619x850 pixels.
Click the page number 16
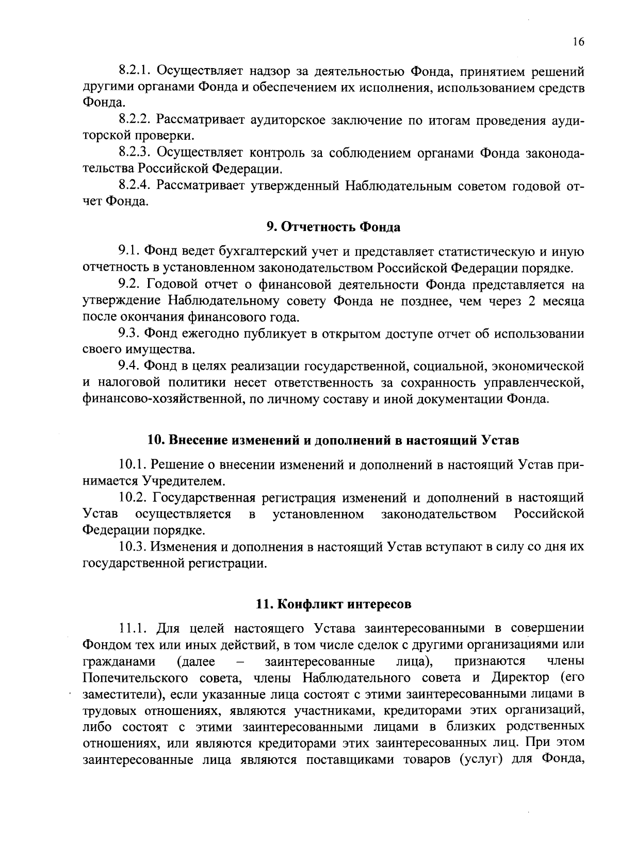(578, 42)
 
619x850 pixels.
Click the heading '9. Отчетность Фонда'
(333, 227)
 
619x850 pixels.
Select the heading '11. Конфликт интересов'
(334, 604)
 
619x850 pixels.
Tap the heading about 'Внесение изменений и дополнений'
(333, 440)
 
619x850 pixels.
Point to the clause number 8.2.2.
(135, 120)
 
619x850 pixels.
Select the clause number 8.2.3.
(135, 153)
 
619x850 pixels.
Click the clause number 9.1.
(128, 252)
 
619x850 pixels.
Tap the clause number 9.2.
(129, 285)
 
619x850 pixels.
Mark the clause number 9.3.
(129, 334)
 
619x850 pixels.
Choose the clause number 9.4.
(129, 366)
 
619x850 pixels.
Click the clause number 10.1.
(133, 465)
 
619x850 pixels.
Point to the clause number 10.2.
(133, 498)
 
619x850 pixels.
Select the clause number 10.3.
(133, 547)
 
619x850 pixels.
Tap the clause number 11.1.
(133, 628)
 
